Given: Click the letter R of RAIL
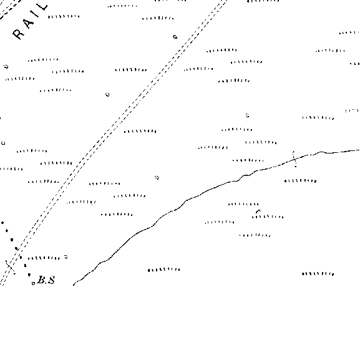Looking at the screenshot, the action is click(18, 34).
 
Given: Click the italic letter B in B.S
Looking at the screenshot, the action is click(42, 280).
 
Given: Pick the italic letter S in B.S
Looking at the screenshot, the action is click(51, 280).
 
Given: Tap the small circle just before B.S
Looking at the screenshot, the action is click(33, 283).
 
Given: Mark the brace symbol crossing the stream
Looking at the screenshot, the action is click(294, 159).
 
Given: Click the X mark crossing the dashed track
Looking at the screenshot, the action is click(11, 267).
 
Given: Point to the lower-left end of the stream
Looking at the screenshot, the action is click(74, 285).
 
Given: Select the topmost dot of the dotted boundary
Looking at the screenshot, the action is click(2, 223).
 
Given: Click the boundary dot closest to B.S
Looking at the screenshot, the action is click(29, 275).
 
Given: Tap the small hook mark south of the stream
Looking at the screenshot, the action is click(258, 211).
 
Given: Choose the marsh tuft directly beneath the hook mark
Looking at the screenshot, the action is click(268, 216).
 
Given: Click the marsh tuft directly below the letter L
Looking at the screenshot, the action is click(64, 16).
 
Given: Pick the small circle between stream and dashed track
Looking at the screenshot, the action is click(157, 177).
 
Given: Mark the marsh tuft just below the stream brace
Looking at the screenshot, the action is click(300, 181).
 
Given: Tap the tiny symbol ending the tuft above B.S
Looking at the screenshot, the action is click(66, 256).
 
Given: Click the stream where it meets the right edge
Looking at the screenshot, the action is click(359, 150).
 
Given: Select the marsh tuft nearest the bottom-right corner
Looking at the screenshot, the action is click(318, 274).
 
